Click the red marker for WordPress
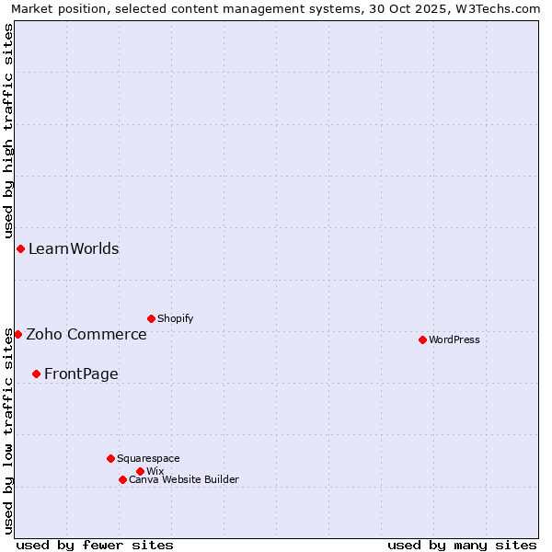(x=422, y=339)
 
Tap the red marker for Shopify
(x=151, y=318)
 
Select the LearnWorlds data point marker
(x=20, y=248)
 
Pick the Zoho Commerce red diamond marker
(x=17, y=334)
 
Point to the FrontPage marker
(x=36, y=374)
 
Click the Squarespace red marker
(x=110, y=458)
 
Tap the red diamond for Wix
(x=140, y=471)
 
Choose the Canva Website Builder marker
(x=122, y=479)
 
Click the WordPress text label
(x=454, y=339)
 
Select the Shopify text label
(x=175, y=318)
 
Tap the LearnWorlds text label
(x=74, y=248)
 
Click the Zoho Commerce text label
(x=86, y=334)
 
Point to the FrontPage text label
(x=81, y=374)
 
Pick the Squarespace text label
(x=148, y=458)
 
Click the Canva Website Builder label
(x=184, y=479)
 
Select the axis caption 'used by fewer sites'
(x=95, y=545)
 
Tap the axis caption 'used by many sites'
(x=462, y=545)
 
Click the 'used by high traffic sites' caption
(x=8, y=132)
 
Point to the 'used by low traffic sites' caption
(x=8, y=431)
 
